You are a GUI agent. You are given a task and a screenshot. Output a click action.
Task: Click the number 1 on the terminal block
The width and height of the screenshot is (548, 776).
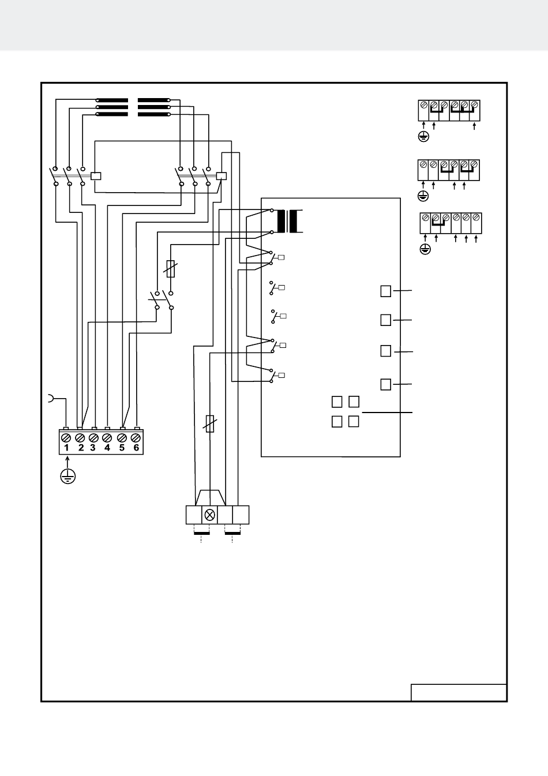coord(66,448)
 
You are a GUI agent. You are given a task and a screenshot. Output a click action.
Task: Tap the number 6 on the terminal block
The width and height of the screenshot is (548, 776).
coord(136,448)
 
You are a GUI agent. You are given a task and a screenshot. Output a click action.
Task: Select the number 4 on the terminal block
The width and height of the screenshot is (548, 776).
coord(107,448)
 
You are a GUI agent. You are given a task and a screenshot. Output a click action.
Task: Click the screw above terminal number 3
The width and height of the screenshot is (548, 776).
coord(93,438)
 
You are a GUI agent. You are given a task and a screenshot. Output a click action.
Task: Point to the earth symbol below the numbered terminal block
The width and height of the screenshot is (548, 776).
coord(67,477)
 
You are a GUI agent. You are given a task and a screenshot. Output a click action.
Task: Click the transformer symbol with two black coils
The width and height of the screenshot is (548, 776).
coord(287,221)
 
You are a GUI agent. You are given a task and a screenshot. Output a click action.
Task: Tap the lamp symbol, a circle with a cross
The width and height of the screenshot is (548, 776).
coord(209,515)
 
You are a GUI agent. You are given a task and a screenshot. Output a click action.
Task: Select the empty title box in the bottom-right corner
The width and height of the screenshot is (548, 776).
coord(459,692)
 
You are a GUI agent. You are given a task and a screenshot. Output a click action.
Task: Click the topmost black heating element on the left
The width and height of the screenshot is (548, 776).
coord(112,100)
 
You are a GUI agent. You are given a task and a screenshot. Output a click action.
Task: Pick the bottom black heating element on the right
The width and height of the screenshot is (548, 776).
coord(154,114)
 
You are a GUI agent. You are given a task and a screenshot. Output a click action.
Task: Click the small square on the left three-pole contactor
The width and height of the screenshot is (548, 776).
coord(96,176)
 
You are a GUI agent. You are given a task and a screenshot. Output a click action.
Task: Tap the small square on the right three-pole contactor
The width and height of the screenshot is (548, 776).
coord(222,176)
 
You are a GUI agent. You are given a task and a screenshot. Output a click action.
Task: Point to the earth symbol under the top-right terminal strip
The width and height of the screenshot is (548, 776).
coord(423,137)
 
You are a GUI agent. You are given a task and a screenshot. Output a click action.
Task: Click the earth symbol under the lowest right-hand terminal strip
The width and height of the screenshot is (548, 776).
coord(425,249)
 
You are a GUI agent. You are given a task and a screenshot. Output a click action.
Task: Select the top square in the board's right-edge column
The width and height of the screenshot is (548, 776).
coord(385,291)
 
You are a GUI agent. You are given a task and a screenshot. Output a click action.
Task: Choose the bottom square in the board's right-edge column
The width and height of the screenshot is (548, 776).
coord(385,384)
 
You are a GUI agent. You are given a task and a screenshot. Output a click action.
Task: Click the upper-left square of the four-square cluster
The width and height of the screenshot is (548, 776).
coord(337,402)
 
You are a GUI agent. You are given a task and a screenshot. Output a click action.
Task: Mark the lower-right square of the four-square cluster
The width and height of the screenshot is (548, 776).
coord(354,421)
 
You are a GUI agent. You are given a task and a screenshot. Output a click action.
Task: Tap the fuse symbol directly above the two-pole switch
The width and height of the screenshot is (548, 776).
coord(170,269)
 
